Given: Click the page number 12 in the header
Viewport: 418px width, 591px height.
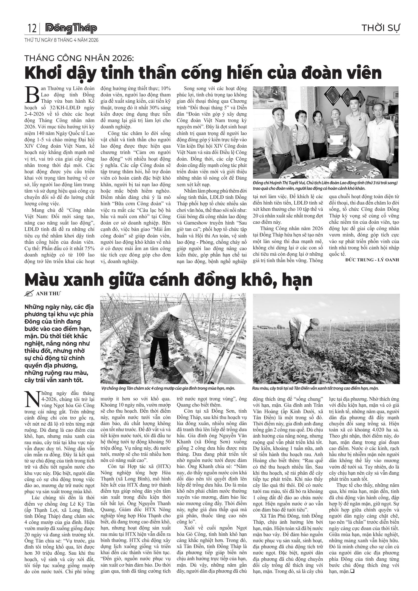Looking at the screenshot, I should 32,28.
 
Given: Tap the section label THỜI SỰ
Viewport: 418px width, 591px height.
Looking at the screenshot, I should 380,28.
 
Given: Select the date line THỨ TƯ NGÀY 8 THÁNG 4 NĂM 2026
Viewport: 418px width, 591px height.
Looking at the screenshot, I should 61,40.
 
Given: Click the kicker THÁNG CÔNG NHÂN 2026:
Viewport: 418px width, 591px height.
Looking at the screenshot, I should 79,58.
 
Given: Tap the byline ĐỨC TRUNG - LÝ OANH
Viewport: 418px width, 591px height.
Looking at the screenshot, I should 372,260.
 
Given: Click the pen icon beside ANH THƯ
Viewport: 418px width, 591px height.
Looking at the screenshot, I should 29,294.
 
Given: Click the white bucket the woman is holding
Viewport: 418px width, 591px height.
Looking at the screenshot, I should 145,345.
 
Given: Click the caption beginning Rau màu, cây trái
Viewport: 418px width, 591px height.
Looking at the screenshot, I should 315,388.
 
